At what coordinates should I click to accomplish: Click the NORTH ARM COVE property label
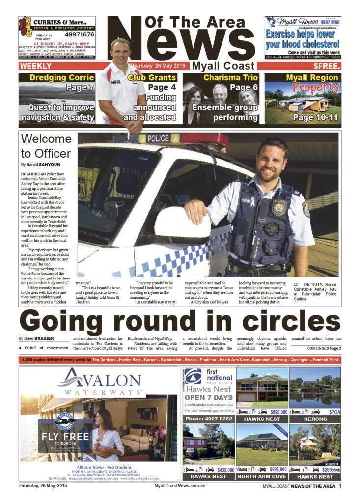pos(262,476)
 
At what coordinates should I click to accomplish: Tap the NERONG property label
pos(315,419)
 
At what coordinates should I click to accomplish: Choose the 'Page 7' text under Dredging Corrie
pos(80,88)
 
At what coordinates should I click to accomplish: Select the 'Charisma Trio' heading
pos(223,77)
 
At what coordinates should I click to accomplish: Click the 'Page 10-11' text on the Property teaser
pos(302,117)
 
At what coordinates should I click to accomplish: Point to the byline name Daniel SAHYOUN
pos(48,164)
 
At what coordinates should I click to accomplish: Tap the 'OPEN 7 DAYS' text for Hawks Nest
pos(209,397)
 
